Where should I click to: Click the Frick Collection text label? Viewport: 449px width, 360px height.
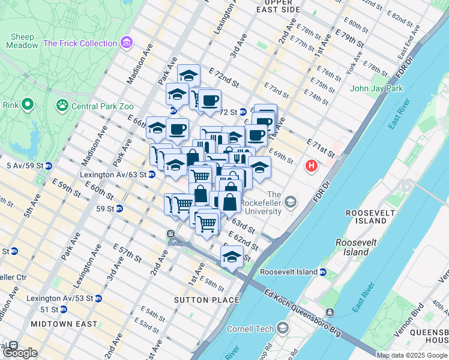click(x=80, y=43)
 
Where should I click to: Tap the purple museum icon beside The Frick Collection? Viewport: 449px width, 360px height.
click(x=126, y=43)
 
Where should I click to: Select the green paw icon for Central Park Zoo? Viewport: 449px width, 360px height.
click(x=62, y=106)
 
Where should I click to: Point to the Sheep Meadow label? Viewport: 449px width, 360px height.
click(x=22, y=41)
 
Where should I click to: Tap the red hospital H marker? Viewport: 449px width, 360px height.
click(x=311, y=166)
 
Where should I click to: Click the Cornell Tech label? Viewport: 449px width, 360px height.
click(x=250, y=328)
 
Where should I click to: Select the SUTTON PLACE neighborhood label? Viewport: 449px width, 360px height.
click(x=206, y=299)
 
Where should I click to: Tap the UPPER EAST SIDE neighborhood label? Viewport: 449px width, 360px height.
click(x=277, y=6)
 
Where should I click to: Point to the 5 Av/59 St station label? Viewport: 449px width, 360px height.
click(x=25, y=165)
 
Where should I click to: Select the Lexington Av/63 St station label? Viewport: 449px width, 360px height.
click(x=113, y=175)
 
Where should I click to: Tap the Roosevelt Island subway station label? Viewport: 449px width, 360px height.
click(x=290, y=272)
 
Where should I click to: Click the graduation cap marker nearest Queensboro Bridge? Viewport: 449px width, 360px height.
click(x=232, y=256)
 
